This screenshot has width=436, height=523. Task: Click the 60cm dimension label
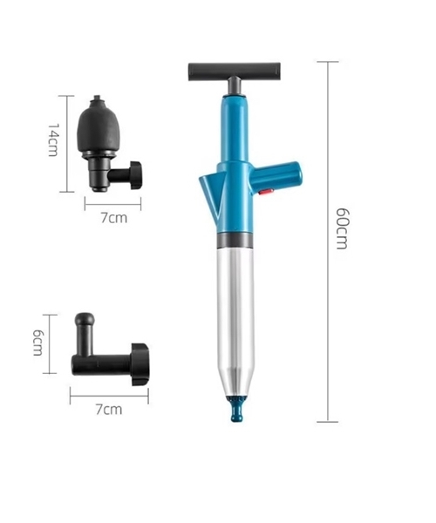coord(342,228)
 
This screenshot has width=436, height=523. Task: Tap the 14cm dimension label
coord(53,139)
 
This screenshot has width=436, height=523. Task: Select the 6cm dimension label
coord(37,343)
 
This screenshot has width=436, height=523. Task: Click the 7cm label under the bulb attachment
coord(113,218)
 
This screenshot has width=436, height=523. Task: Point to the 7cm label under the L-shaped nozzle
coord(109,409)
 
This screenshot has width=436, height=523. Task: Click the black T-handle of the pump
coord(235,71)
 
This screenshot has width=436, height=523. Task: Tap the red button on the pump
coord(266,192)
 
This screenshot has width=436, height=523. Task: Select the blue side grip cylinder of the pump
coord(276,176)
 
